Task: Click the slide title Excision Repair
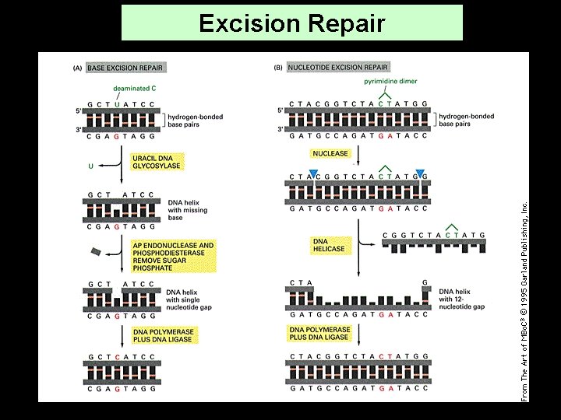[291, 23]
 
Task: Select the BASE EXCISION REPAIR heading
[119, 68]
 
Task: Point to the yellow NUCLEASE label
[330, 153]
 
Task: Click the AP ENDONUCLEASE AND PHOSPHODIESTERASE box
[172, 255]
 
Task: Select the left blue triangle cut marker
[313, 173]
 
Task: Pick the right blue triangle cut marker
[421, 173]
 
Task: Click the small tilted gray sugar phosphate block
[96, 251]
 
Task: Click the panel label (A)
[76, 68]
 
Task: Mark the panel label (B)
[278, 68]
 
